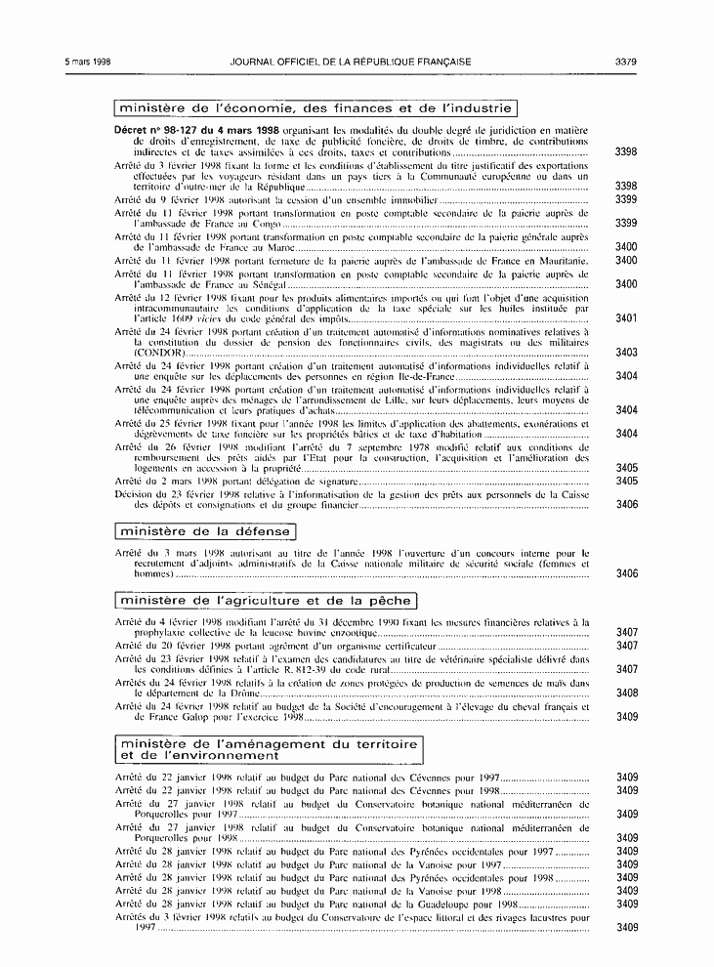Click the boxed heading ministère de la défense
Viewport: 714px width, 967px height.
204,531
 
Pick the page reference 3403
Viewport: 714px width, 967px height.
626,352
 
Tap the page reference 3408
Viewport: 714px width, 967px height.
626,693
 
